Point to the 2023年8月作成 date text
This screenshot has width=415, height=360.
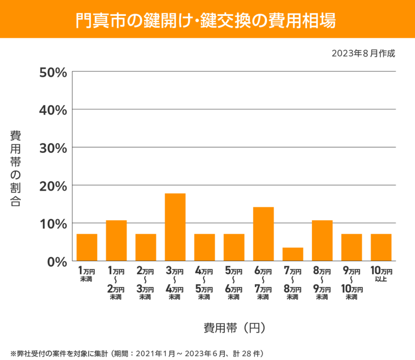[x=363, y=53]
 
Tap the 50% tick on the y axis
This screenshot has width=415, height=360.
[x=53, y=72]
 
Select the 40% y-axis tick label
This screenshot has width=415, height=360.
[x=53, y=110]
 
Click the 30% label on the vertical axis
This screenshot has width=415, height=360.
[x=53, y=148]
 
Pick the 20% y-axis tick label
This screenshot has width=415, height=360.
[x=53, y=185]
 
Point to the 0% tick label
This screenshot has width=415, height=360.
[x=56, y=262]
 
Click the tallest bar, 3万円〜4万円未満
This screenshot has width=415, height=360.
[x=175, y=227]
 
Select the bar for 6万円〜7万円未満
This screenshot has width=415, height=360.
[x=263, y=234]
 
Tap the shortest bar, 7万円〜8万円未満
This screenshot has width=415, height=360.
[x=293, y=254]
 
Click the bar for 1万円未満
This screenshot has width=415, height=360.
[x=87, y=247]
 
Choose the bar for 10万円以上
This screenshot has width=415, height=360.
[x=381, y=247]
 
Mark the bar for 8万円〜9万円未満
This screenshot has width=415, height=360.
[x=322, y=240]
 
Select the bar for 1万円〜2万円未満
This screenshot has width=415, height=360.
[x=116, y=240]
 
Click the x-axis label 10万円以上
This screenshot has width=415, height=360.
[x=381, y=274]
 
